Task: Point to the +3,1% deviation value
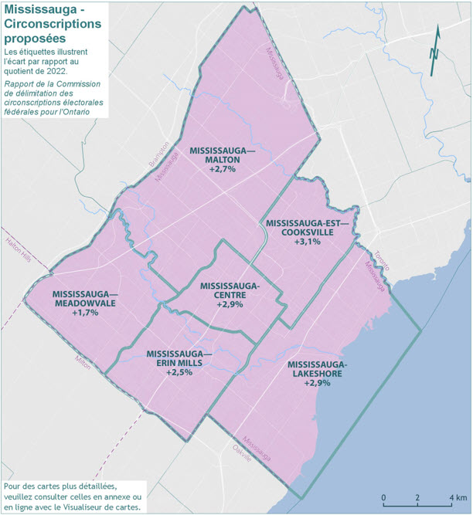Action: [308, 242]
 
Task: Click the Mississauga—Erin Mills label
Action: [179, 358]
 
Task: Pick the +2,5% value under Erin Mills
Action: [179, 372]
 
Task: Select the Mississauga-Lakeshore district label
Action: [317, 369]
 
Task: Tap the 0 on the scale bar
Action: [384, 496]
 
